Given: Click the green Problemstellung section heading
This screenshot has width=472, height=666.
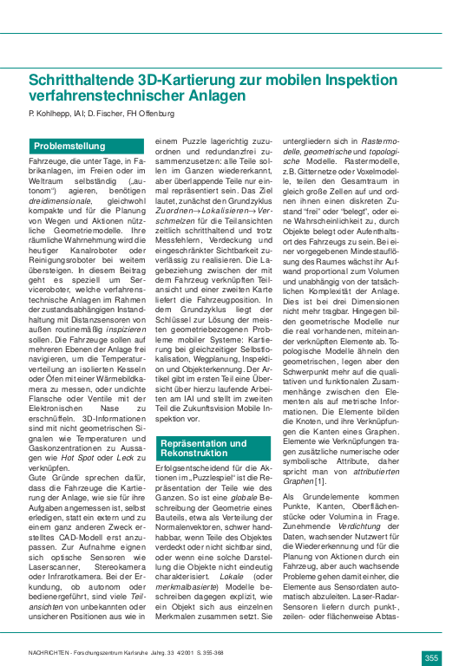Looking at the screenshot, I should pos(69,146).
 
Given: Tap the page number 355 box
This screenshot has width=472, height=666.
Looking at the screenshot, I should pos(432,633).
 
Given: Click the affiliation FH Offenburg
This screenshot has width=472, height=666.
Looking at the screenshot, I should pos(148,114).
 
